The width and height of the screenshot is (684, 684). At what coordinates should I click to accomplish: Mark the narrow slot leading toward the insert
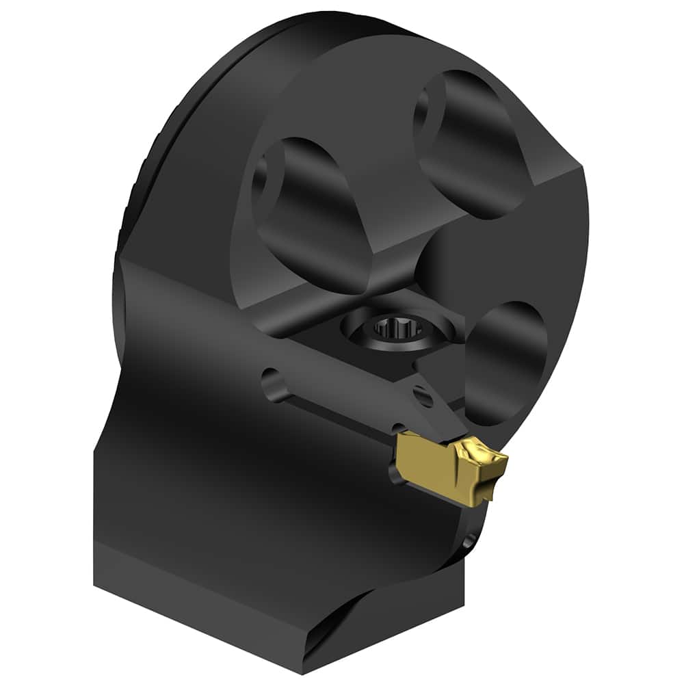click(x=328, y=404)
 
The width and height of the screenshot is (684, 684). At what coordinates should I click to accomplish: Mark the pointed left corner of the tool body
click(x=122, y=261)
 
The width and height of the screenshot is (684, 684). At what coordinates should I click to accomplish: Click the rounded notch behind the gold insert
click(x=395, y=472)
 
